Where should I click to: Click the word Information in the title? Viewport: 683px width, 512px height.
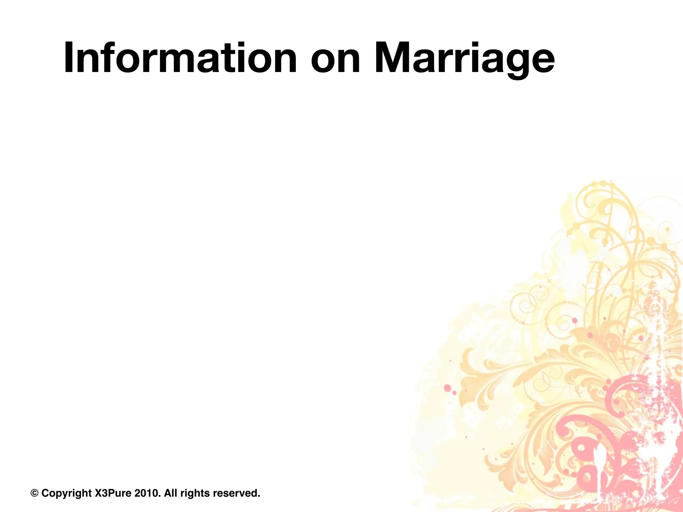tap(180, 58)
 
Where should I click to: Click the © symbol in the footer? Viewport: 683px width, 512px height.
tap(34, 493)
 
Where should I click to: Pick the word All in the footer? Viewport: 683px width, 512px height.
tap(171, 493)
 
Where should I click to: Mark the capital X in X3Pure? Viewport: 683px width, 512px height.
tap(98, 493)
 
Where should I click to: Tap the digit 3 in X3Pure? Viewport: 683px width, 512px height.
tap(104, 493)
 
